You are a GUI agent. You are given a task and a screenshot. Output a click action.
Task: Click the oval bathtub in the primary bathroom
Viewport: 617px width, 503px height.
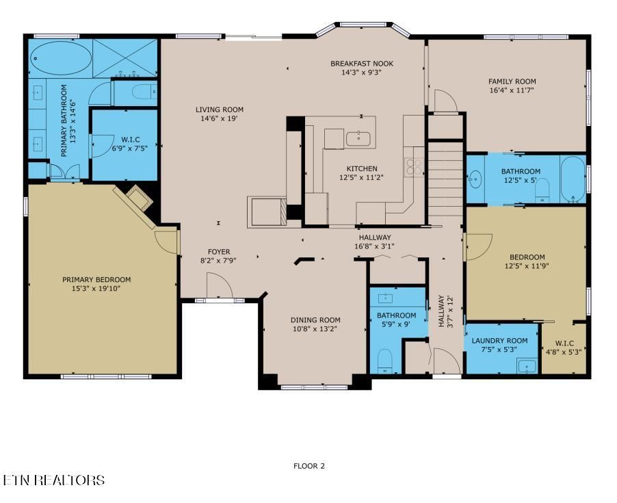(x=60, y=58)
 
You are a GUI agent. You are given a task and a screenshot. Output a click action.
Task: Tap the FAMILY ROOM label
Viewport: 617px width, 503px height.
(x=512, y=81)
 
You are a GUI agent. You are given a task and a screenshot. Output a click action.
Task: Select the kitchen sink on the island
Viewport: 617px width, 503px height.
(x=358, y=139)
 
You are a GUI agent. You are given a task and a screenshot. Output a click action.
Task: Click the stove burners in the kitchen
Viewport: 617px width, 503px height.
(x=415, y=167)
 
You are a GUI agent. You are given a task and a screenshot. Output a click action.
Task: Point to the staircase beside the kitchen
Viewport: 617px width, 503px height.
(x=445, y=183)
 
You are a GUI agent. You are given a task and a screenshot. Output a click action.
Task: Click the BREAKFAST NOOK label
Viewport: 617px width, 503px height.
(x=362, y=64)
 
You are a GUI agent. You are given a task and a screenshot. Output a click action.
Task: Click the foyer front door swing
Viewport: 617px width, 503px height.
(x=220, y=286)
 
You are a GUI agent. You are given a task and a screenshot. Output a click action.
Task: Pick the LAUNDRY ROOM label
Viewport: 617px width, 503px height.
(x=500, y=340)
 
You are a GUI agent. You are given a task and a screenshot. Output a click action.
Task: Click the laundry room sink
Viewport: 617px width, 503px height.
(x=527, y=366)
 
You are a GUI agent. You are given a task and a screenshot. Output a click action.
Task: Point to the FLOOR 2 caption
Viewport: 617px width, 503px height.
(x=309, y=467)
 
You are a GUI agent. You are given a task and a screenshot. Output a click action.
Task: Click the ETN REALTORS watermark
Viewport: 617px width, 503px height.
(x=53, y=480)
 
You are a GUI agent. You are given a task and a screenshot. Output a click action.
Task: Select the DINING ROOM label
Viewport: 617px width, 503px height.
(x=315, y=320)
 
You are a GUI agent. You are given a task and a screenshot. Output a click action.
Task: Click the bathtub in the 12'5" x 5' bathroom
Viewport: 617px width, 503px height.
(x=573, y=179)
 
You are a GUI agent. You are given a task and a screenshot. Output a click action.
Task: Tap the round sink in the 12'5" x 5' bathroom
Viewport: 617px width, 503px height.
(x=475, y=179)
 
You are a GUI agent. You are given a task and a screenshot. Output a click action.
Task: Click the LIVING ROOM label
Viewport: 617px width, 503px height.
(x=220, y=109)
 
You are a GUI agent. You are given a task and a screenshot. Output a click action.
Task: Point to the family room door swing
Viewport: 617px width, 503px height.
(x=446, y=101)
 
